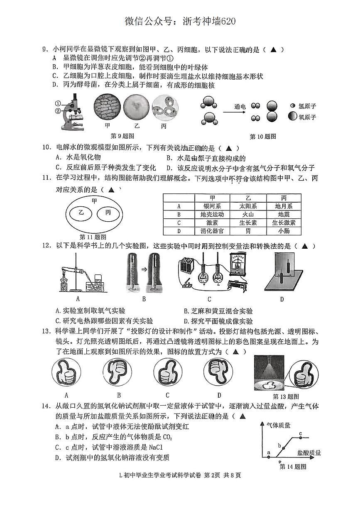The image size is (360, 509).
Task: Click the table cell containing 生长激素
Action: pyautogui.click(x=284, y=223)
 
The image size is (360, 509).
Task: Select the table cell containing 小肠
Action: pyautogui.click(x=284, y=231)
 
